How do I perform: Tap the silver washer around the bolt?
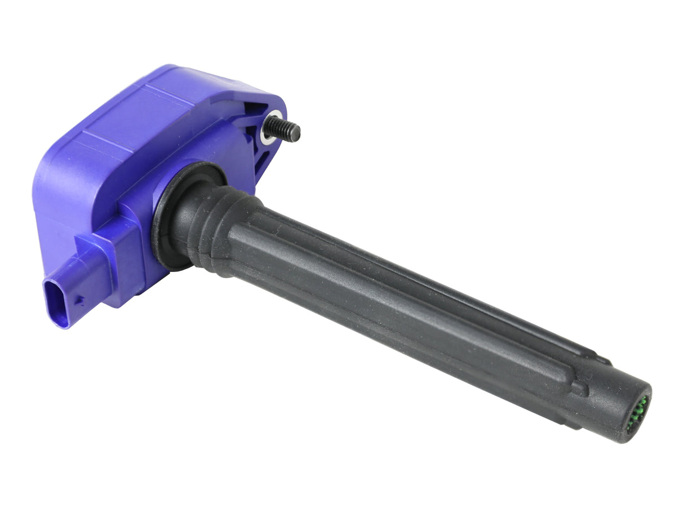click(271, 128)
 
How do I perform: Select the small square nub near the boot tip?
click(579, 389)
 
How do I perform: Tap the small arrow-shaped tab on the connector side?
click(80, 301)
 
